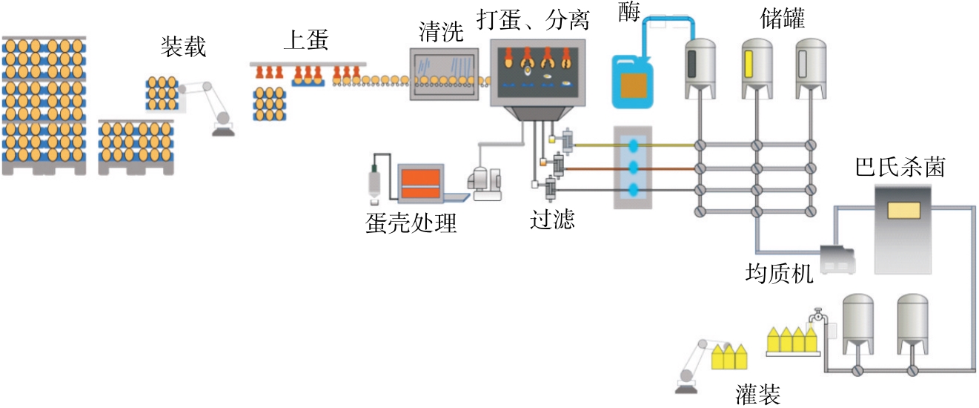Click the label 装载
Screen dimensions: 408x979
183,48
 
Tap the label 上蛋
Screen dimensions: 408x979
305,42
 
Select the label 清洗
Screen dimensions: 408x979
442,32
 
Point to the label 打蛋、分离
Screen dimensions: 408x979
534,20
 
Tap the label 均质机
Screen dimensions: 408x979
779,275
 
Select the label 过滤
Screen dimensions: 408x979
552,220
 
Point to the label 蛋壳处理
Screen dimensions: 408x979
411,223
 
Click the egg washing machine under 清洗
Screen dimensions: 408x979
442,77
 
